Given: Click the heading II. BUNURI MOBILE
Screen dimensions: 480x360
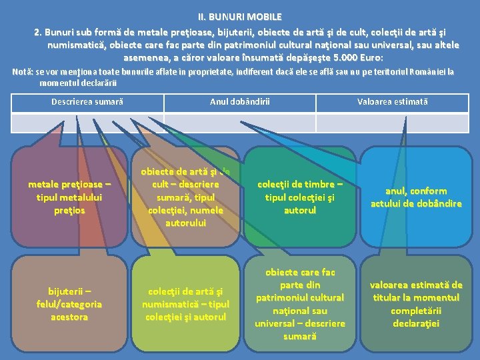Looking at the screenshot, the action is click(x=239, y=16).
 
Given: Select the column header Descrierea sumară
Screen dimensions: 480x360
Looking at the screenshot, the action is click(x=87, y=102).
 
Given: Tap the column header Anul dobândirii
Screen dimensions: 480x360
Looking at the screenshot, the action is click(x=239, y=102).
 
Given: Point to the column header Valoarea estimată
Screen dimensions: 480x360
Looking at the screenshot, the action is click(x=392, y=102).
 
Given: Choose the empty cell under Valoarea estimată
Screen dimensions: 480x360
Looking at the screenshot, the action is click(x=392, y=123).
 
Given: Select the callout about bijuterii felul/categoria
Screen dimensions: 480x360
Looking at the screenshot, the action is click(x=69, y=304).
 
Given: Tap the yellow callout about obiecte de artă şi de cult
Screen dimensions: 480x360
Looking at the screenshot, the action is click(x=185, y=197).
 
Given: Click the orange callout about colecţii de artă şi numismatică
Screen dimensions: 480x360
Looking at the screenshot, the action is click(x=185, y=304).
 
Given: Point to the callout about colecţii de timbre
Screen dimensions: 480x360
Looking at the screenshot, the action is click(x=299, y=197).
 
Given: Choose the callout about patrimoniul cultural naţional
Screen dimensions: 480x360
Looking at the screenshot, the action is click(x=299, y=304).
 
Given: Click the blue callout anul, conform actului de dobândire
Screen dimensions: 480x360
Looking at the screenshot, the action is click(x=416, y=197).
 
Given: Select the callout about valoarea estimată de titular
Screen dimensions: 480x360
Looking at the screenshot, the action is click(x=416, y=304).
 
